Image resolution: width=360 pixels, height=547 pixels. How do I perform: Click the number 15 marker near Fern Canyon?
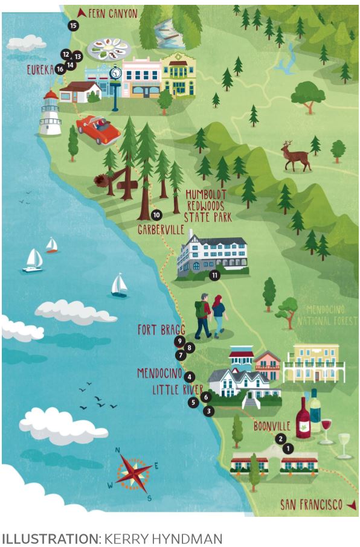pos(73,25)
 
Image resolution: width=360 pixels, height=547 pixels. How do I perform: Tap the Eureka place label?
pos(40,70)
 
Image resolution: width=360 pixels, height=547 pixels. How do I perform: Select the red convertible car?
pos(98,129)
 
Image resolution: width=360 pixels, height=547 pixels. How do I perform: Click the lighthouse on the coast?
pos(50,113)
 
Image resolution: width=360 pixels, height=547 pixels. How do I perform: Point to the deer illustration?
pos(295,156)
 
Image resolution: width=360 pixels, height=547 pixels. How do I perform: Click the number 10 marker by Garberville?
pos(156,214)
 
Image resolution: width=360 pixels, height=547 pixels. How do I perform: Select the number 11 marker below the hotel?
pos(213,275)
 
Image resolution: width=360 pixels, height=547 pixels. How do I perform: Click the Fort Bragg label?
pos(160,329)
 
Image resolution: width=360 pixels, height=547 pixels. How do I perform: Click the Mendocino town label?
pos(160,373)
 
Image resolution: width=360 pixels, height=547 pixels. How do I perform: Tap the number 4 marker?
pos(190,377)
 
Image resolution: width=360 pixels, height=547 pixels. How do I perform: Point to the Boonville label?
pos(272,425)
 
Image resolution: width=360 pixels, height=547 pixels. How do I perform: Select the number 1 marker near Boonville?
pos(288,449)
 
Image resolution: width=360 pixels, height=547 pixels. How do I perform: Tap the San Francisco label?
pos(311,504)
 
